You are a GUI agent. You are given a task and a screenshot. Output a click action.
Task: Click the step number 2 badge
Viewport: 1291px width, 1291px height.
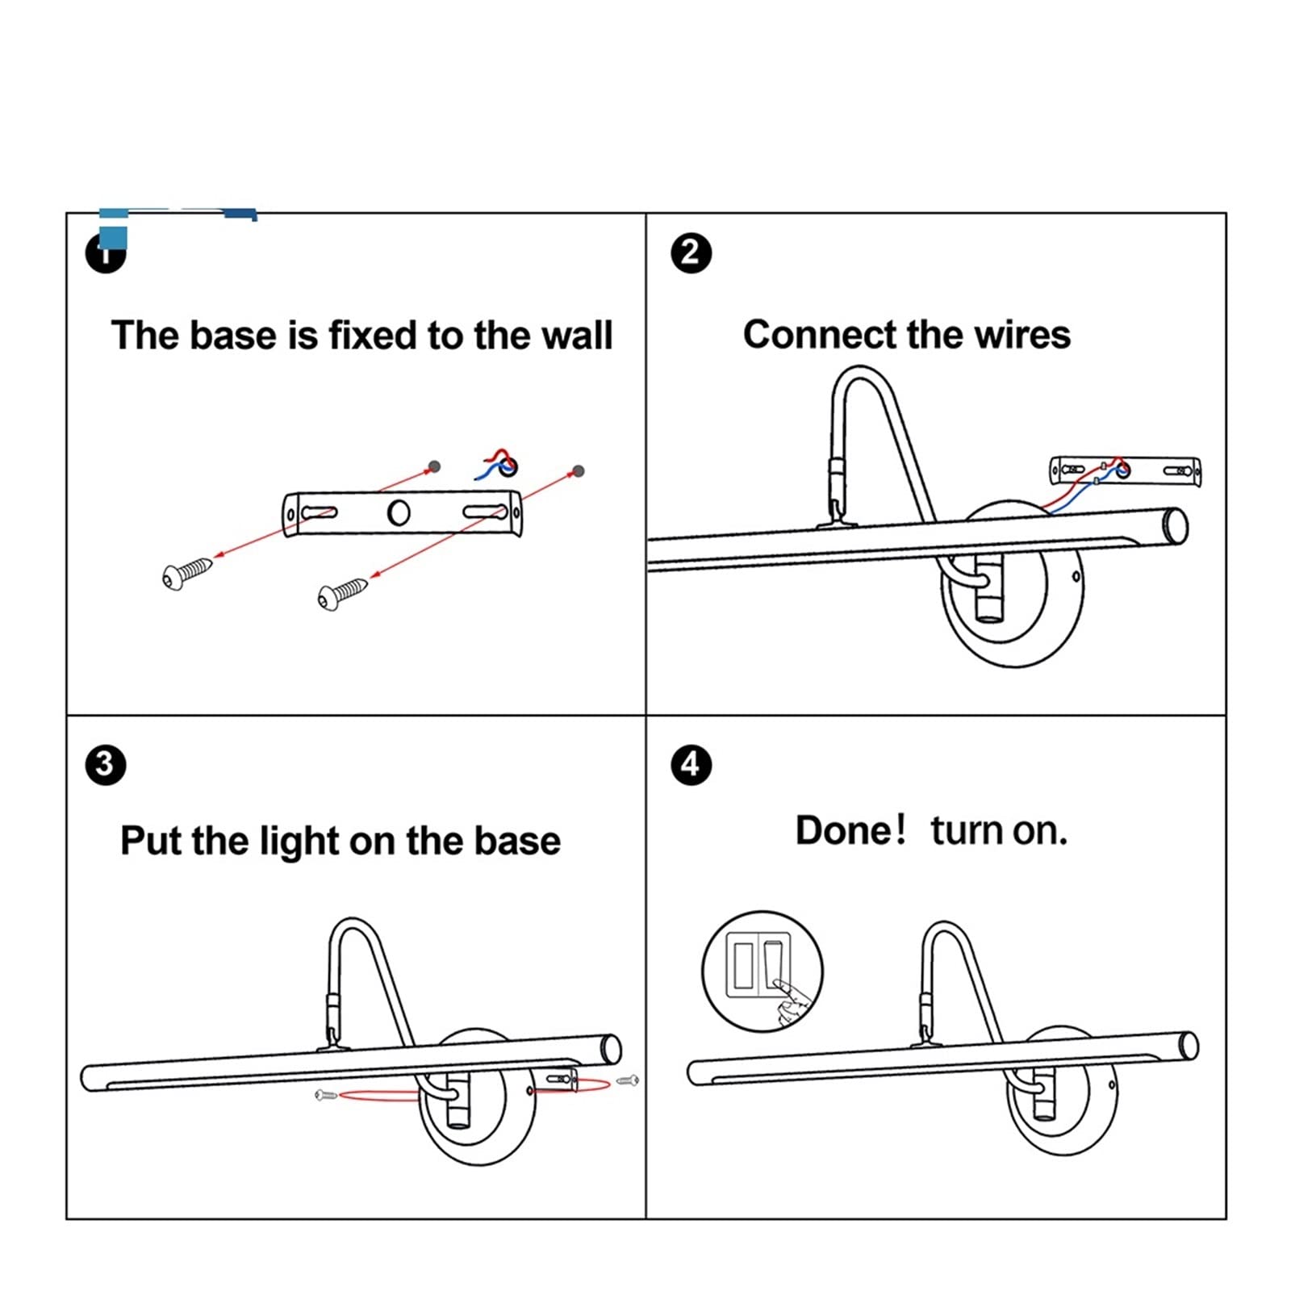click(x=691, y=253)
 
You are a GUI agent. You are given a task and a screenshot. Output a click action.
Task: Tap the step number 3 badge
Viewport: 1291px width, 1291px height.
click(x=105, y=763)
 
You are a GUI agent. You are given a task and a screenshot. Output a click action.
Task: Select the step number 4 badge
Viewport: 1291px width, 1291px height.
click(x=691, y=763)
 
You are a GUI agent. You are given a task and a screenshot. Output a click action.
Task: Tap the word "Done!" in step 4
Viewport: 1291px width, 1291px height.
click(x=850, y=830)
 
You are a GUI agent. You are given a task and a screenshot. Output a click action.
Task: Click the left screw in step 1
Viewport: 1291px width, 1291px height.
click(x=187, y=572)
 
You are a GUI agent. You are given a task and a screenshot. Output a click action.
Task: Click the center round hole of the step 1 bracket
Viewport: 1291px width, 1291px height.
click(x=399, y=512)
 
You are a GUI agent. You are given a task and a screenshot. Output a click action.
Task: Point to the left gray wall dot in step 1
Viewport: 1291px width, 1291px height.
click(x=434, y=466)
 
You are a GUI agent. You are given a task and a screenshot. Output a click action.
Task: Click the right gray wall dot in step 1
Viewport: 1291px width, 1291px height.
click(x=577, y=471)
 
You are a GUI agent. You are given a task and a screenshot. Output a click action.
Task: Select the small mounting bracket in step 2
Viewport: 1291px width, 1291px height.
click(x=1126, y=470)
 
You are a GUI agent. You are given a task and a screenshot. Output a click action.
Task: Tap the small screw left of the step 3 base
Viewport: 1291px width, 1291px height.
click(x=325, y=1095)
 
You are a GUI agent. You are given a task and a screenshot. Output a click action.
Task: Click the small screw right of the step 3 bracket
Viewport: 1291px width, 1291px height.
click(x=628, y=1080)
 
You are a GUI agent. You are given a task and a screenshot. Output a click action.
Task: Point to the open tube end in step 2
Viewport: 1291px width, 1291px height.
click(x=1174, y=526)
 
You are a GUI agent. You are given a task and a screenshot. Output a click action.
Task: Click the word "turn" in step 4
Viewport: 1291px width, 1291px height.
click(x=966, y=831)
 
